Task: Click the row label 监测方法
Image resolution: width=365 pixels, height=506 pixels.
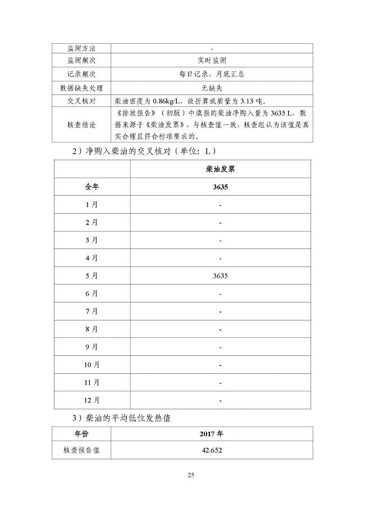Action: (x=81, y=48)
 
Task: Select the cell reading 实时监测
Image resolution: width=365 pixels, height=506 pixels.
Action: (x=211, y=61)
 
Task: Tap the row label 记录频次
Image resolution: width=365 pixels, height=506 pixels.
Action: (x=81, y=74)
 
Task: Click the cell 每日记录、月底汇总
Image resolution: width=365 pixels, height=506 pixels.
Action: (x=211, y=74)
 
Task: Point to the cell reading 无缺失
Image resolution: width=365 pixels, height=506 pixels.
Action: (x=211, y=88)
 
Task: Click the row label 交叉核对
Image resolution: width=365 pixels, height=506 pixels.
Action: (x=81, y=101)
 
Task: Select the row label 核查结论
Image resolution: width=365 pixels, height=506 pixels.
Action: (x=81, y=125)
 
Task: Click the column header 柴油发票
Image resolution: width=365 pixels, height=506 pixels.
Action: (x=220, y=169)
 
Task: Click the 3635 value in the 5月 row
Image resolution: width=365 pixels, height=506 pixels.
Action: (x=220, y=276)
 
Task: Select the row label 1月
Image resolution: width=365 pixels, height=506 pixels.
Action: (x=92, y=205)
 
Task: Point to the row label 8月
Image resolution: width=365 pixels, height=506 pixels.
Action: (x=92, y=329)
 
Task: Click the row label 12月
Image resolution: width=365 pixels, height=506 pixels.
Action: (x=92, y=400)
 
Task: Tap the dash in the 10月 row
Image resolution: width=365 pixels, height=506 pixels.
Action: (x=220, y=365)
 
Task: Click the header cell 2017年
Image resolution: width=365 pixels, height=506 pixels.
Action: (x=211, y=435)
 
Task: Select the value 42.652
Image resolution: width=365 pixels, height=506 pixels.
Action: (x=211, y=450)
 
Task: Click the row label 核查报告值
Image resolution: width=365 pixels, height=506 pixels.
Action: (x=81, y=450)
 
